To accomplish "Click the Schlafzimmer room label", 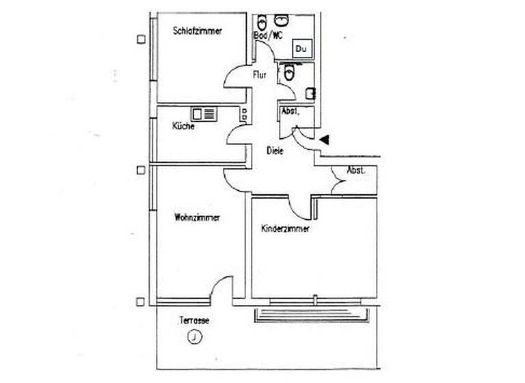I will click(x=198, y=31).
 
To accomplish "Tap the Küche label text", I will click(x=183, y=127).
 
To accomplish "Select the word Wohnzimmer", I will click(x=197, y=218).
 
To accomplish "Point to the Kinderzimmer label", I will click(x=285, y=229).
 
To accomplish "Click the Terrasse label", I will click(x=194, y=320).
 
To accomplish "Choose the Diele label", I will click(x=275, y=151).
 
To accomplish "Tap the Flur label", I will click(x=260, y=75).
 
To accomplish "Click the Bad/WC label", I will click(x=268, y=35).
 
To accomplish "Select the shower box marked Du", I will click(x=301, y=49).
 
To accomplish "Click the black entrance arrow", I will click(x=325, y=140).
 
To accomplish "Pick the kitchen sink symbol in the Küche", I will click(x=204, y=114).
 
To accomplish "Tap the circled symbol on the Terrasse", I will click(x=196, y=336).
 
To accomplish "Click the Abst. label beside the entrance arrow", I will click(x=288, y=110).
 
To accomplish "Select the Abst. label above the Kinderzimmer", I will click(x=355, y=170).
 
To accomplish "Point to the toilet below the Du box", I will click(x=289, y=71).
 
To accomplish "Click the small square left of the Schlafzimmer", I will click(x=141, y=39).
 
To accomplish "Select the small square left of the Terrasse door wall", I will click(x=140, y=302).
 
